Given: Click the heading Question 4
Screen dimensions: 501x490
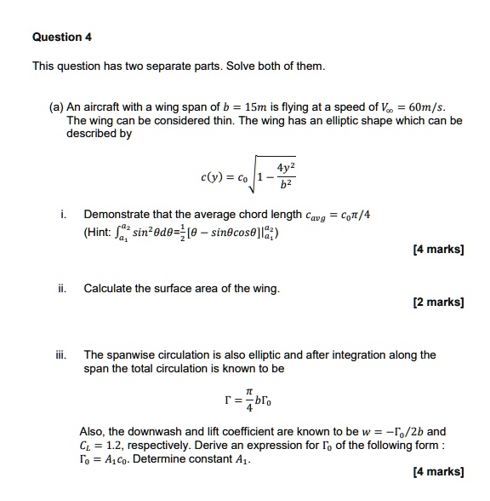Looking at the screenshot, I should point(61,37).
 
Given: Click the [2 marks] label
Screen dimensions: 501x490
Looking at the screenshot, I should point(437,302).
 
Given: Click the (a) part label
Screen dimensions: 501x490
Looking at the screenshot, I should point(57,108).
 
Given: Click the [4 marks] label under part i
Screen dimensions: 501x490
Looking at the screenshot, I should point(437,250).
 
